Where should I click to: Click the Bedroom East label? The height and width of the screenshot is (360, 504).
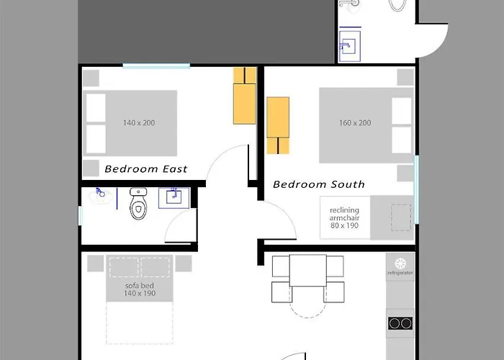pos(146,168)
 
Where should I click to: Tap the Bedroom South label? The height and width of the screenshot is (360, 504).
pos(319,184)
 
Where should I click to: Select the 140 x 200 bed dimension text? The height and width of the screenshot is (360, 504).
pos(139,123)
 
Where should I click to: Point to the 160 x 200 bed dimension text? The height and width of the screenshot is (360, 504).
pos(355,123)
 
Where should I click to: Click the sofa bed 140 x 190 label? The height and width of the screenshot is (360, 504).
pos(140,289)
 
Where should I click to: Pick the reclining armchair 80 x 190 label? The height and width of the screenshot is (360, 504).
pos(344,217)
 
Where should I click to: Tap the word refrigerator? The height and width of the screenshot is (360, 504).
pos(400,273)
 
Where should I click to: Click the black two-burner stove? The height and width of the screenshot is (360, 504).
pos(400,323)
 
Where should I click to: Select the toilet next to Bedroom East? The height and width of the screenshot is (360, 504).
pos(138,204)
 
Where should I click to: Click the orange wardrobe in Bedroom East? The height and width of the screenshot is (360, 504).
pos(245,96)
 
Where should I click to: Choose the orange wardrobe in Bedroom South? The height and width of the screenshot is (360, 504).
pos(278,125)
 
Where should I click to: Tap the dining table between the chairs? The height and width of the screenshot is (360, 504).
pos(308,271)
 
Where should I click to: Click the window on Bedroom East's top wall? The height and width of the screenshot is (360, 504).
pos(156,66)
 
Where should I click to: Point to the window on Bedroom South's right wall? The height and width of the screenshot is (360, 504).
pos(416,189)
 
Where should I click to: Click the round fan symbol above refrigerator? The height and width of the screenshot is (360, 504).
pos(400,264)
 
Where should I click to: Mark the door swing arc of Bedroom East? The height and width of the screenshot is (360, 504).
pos(220,155)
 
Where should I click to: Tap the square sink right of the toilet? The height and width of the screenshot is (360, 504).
pos(174,198)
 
